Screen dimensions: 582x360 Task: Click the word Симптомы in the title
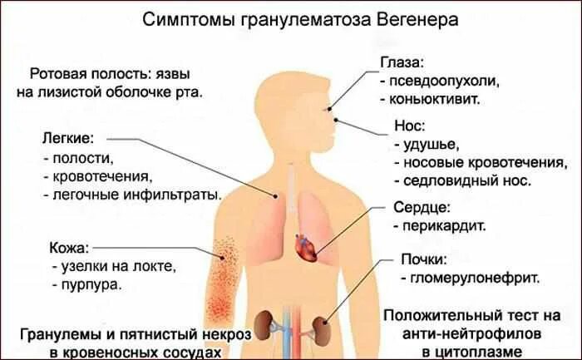(x=183, y=18)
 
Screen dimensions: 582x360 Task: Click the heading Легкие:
(x=67, y=138)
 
